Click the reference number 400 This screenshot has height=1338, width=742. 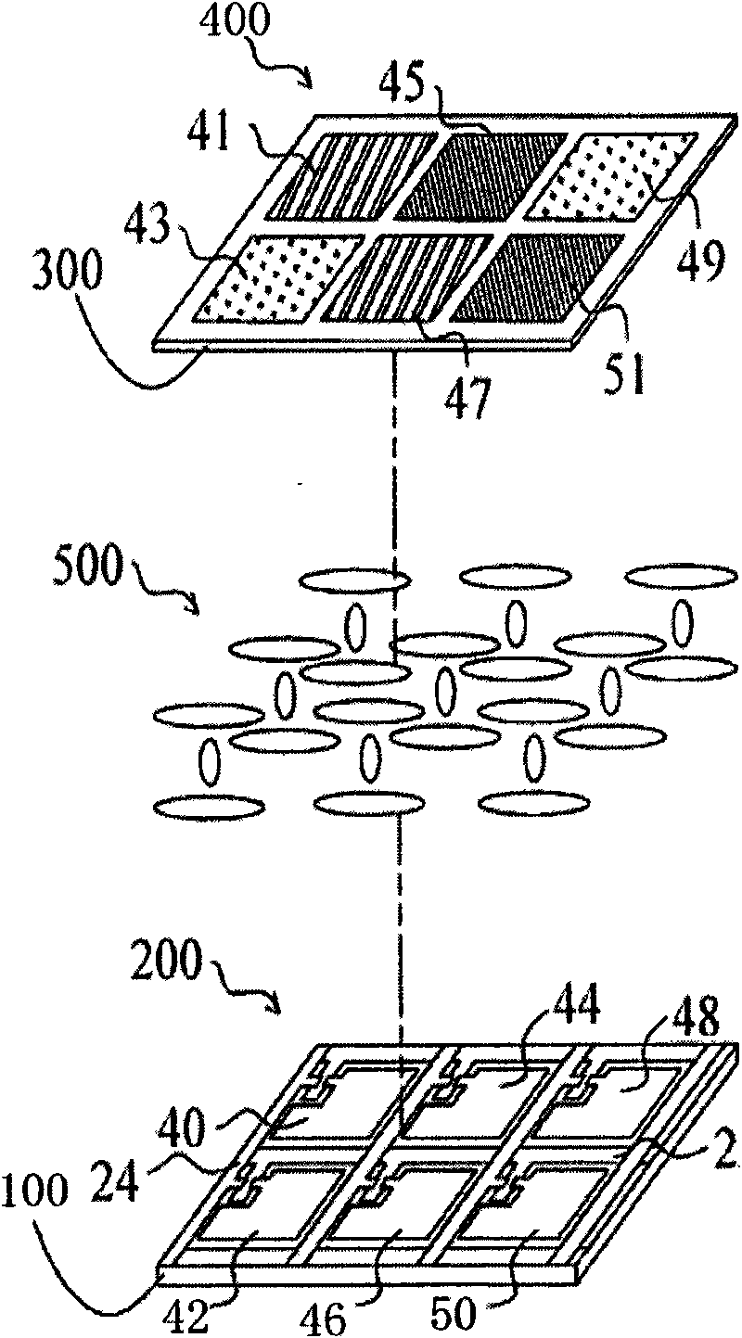tap(235, 20)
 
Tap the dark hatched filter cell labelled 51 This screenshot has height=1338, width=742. tap(536, 279)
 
